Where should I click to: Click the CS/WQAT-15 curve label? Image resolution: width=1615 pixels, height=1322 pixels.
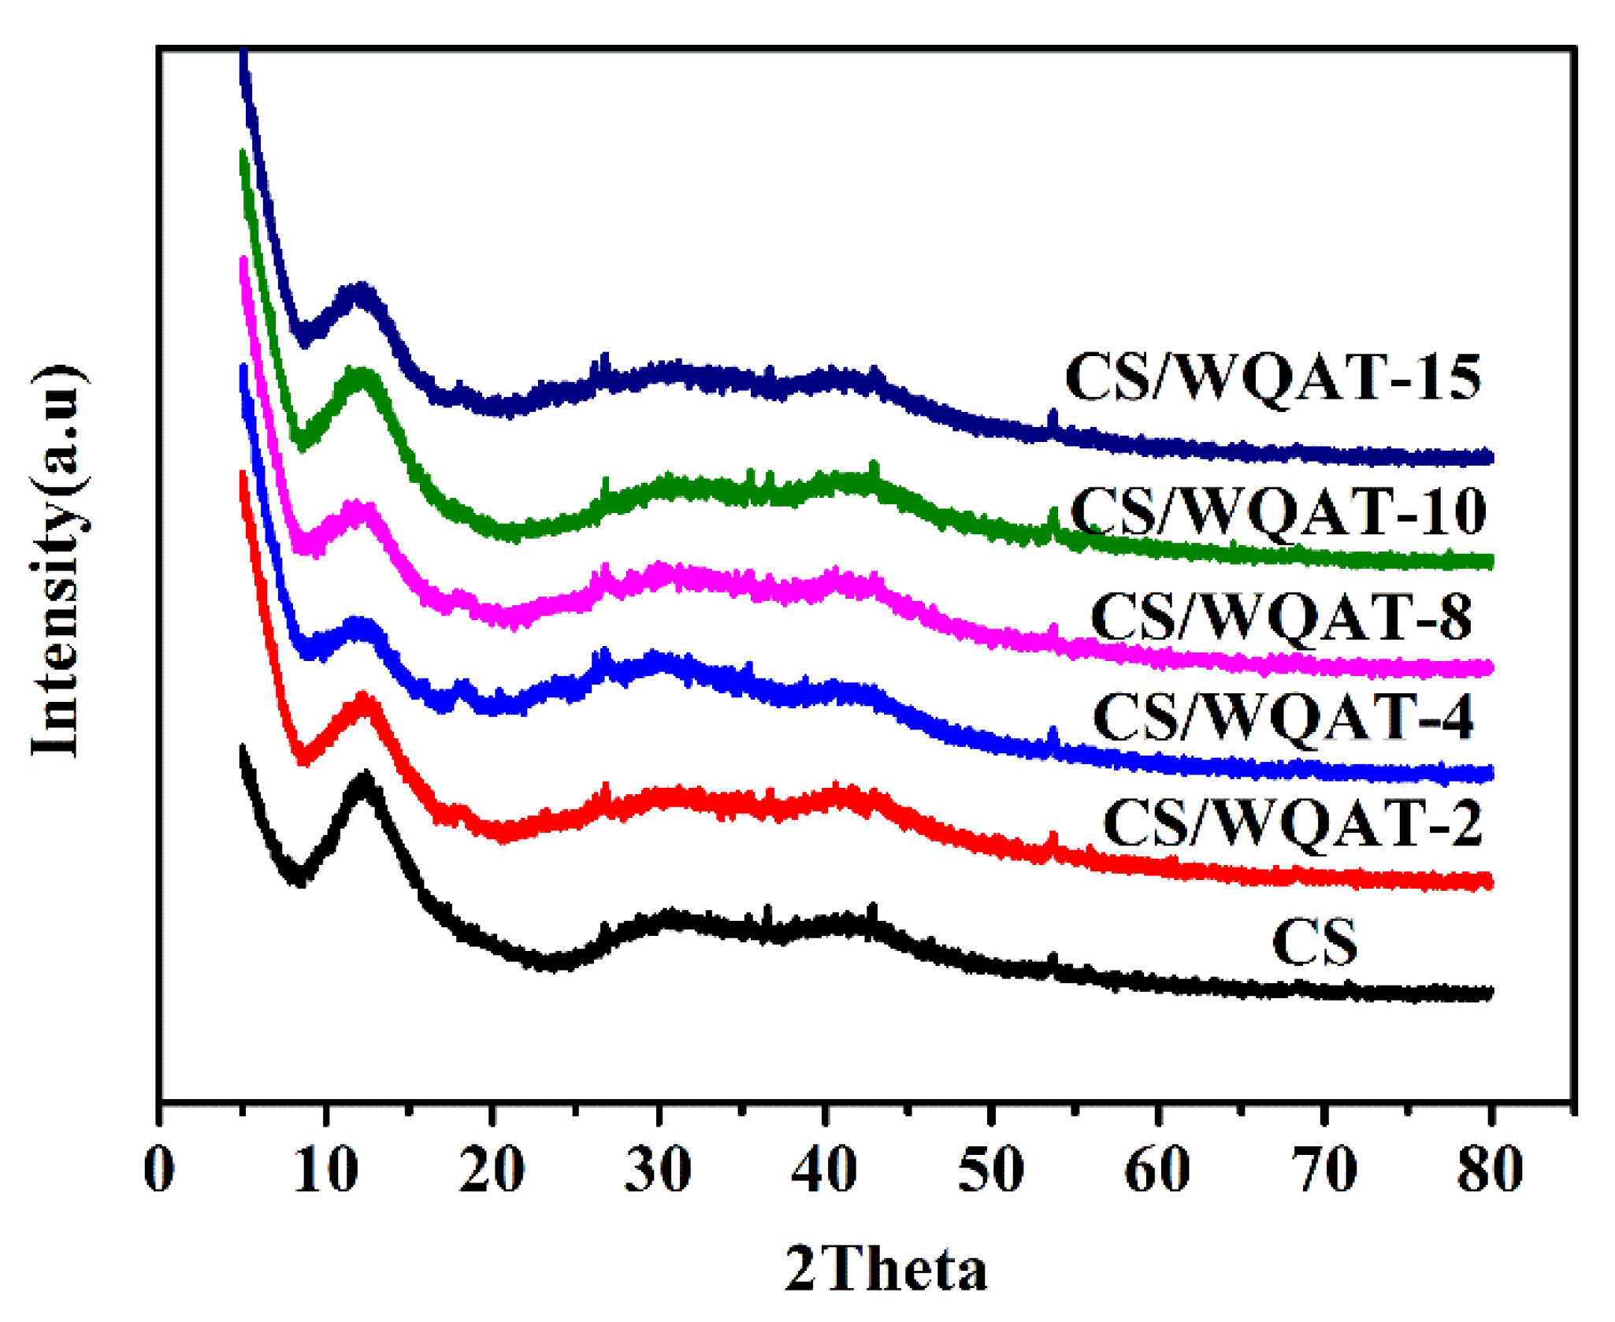[x=1272, y=378]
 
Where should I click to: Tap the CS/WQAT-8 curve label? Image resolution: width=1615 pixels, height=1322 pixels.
[x=1281, y=617]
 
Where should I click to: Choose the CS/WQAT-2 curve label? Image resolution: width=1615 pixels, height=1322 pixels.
[x=1292, y=823]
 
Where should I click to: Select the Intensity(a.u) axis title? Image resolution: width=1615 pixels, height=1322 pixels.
[x=57, y=561]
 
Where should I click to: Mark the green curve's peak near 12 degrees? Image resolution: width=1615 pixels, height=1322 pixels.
[x=361, y=375]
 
